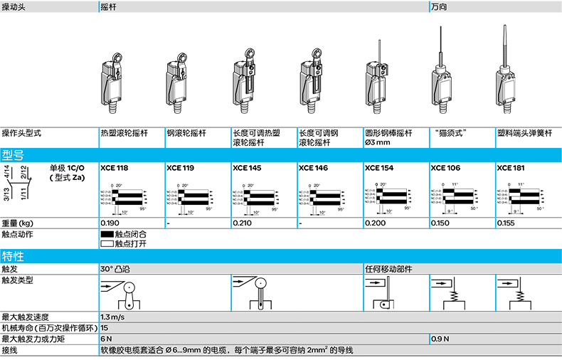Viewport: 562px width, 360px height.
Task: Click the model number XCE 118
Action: pyautogui.click(x=115, y=169)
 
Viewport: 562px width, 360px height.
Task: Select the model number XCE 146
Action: pyautogui.click(x=313, y=169)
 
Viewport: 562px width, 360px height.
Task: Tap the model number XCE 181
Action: pyautogui.click(x=511, y=169)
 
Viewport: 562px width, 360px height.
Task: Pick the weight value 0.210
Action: pyautogui.click(x=243, y=223)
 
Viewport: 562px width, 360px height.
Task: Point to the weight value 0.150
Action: pyautogui.click(x=442, y=223)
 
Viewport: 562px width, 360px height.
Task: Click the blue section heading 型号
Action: pyautogui.click(x=14, y=155)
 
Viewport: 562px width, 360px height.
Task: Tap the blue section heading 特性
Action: pyautogui.click(x=14, y=256)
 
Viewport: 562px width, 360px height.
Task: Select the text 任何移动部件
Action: pyautogui.click(x=388, y=269)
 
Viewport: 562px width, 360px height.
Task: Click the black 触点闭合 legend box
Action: pyautogui.click(x=107, y=234)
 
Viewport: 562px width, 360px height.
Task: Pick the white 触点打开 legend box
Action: pyautogui.click(x=107, y=243)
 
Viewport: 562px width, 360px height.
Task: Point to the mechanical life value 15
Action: pyautogui.click(x=105, y=328)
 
